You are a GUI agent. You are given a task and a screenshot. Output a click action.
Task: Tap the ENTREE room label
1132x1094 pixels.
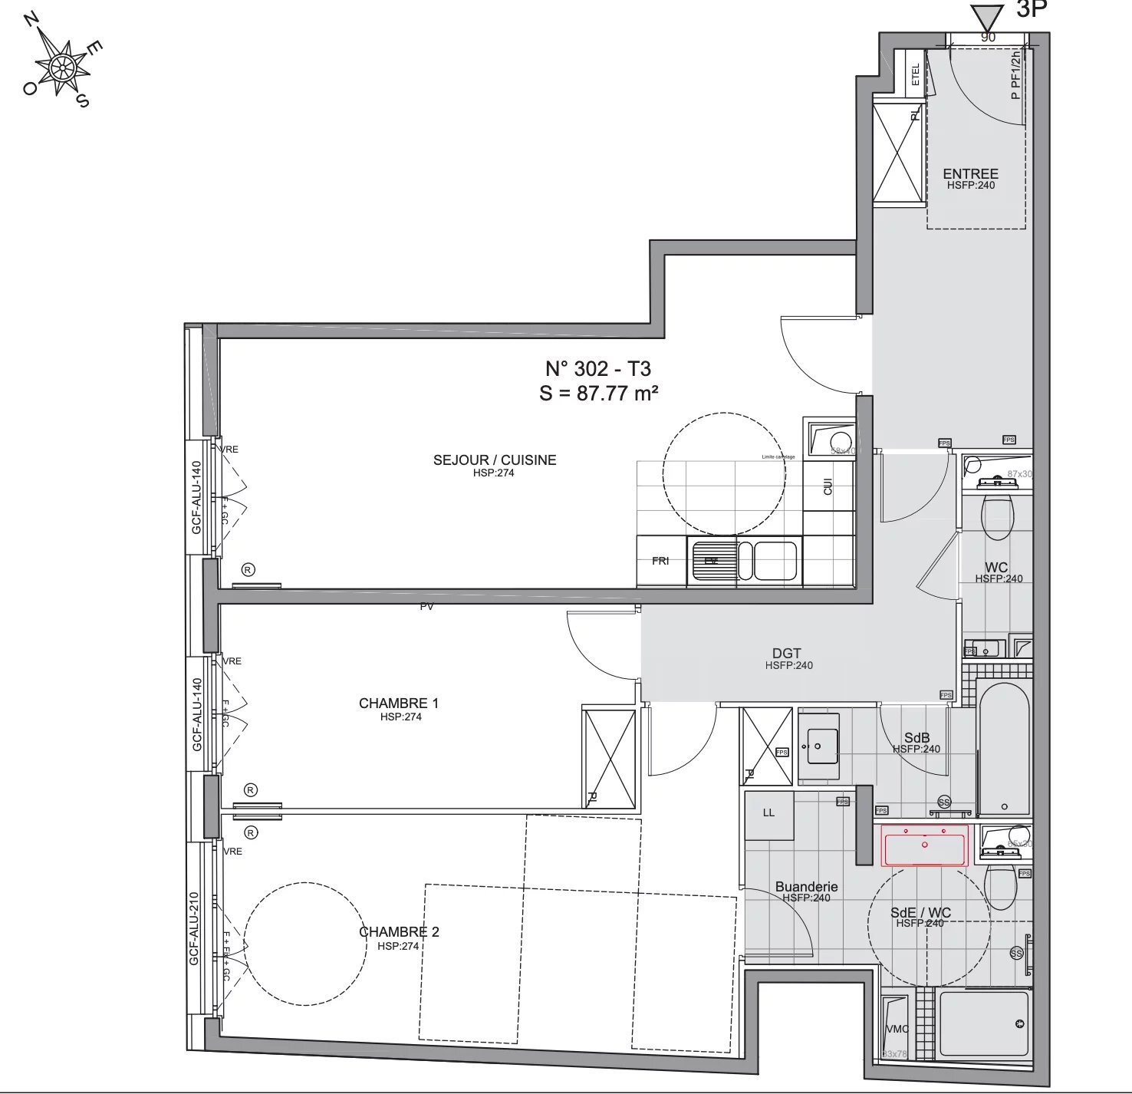click(970, 174)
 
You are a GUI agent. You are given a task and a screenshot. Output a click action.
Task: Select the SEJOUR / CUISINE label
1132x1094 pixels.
click(495, 460)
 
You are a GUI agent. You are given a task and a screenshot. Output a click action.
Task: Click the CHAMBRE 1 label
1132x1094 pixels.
click(399, 704)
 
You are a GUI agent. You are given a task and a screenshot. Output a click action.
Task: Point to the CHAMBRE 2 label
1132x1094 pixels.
click(399, 932)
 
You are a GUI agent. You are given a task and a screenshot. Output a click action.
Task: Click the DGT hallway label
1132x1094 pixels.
click(787, 654)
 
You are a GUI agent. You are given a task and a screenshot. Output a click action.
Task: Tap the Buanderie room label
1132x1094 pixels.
click(806, 887)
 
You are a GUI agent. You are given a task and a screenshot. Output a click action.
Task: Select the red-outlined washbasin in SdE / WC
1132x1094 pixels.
click(924, 845)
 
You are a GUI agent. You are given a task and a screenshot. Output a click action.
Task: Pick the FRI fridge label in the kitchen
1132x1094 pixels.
click(660, 561)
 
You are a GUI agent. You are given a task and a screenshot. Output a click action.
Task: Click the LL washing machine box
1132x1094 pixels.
click(768, 813)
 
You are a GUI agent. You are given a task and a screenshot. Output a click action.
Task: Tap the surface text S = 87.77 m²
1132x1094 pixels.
click(599, 394)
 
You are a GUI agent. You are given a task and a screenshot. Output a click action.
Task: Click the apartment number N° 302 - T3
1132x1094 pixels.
click(598, 369)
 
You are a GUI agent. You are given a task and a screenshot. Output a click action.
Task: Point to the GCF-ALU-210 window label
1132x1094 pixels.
click(194, 928)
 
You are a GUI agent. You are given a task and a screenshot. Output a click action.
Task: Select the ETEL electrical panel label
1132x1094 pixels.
click(915, 74)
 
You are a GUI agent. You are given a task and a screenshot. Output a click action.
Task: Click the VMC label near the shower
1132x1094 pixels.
click(897, 1030)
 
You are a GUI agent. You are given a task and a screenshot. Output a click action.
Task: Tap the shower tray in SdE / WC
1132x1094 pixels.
click(983, 1023)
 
